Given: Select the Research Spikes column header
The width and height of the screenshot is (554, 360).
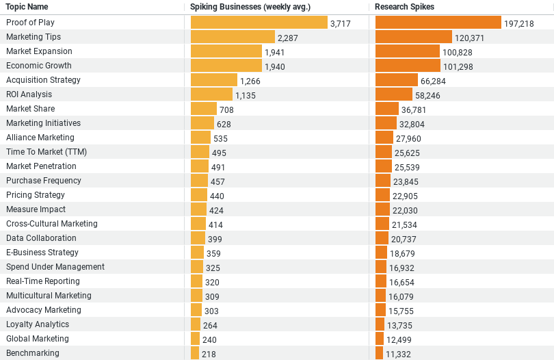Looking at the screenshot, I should point(404,7).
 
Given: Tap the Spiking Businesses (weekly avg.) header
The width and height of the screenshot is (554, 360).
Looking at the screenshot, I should point(250,7).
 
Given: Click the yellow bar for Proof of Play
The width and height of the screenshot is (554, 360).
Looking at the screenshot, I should point(259,23).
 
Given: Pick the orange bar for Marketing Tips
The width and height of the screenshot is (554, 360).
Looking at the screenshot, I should point(414,37).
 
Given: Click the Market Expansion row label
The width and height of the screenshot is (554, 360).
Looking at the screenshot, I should point(39,51).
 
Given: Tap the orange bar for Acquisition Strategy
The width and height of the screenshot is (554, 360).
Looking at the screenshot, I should point(396,80).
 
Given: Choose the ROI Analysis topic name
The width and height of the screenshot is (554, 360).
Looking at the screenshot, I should point(29,94).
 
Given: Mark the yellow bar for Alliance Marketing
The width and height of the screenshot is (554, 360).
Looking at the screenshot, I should point(200,138).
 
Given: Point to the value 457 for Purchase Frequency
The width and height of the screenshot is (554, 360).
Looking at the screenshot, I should point(217,181).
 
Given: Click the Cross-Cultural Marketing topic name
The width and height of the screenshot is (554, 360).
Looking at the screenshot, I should point(52,224).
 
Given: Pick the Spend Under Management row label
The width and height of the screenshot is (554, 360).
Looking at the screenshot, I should point(55,267).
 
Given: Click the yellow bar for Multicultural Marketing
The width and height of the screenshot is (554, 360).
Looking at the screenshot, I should point(196,296).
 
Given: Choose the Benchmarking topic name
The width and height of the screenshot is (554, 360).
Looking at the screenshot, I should point(33,353).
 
